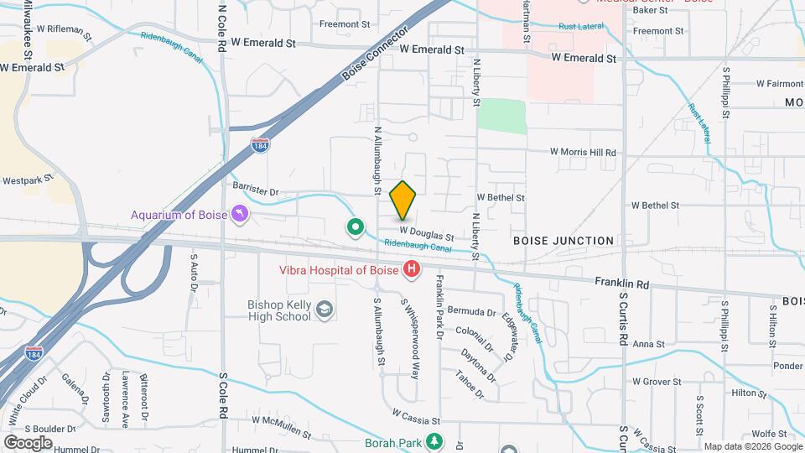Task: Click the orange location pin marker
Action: pyautogui.click(x=403, y=200)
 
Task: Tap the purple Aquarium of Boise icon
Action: pyautogui.click(x=241, y=215)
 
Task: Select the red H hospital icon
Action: pyautogui.click(x=412, y=269)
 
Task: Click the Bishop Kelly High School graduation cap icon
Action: pyautogui.click(x=324, y=311)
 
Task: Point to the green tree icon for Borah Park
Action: pyautogui.click(x=434, y=440)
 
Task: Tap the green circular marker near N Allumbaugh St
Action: pyautogui.click(x=356, y=226)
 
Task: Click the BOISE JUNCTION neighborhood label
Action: pyautogui.click(x=563, y=241)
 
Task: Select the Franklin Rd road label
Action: pyautogui.click(x=621, y=284)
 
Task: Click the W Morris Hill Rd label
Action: pyautogui.click(x=583, y=153)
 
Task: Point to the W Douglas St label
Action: pyautogui.click(x=427, y=233)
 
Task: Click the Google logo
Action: pyautogui.click(x=28, y=442)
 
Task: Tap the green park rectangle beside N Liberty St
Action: pyautogui.click(x=502, y=117)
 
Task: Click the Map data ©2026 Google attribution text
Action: pyautogui.click(x=752, y=446)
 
